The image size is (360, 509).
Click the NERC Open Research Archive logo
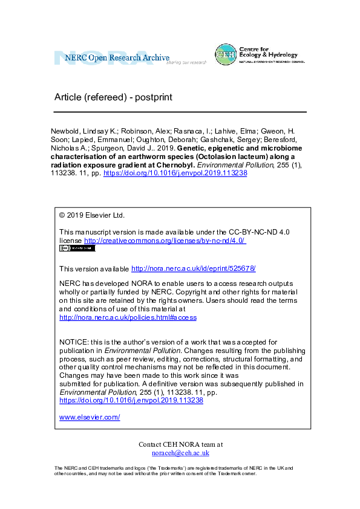112,58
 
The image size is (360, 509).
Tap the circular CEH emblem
225,54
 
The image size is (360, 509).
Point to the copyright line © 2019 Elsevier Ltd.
92,215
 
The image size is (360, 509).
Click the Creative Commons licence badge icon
77,248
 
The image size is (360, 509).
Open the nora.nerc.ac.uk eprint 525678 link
198,268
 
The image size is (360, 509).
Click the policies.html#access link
128,317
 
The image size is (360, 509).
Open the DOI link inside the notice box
131,400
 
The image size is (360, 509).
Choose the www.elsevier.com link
90,417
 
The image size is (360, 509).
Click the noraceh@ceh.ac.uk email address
180,453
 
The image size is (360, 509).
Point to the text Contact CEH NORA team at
180,444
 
